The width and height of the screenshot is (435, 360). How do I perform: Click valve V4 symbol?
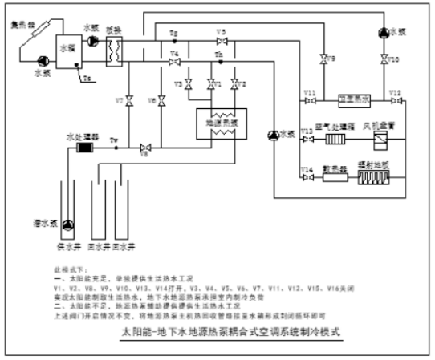coord(174,63)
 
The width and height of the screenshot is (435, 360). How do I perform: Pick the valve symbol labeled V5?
coord(222,40)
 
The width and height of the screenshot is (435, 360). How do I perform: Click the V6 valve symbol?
coord(161,102)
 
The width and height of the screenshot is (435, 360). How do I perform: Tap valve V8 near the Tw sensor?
coord(144,148)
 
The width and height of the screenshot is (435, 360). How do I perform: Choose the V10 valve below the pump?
coord(382,59)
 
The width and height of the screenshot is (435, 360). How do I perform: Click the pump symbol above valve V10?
coord(382,32)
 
